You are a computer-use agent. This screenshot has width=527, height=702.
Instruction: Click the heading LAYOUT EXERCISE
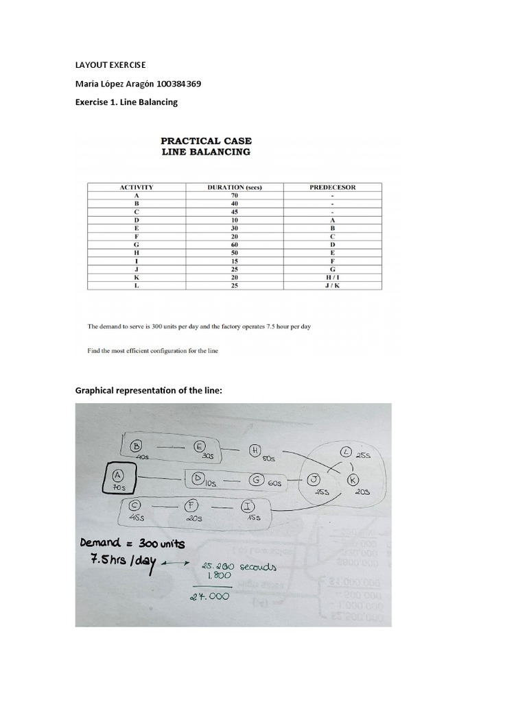pos(110,66)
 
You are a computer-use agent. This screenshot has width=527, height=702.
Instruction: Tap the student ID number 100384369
pos(176,84)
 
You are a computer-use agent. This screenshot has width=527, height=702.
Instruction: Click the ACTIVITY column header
pos(137,186)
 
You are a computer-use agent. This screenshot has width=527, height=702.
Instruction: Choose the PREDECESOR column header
pos(333,186)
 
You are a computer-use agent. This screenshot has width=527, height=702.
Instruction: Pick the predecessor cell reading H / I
pos(333,277)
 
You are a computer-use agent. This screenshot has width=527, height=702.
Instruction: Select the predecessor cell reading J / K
pos(333,285)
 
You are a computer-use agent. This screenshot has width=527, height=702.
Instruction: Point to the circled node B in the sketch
pos(135,445)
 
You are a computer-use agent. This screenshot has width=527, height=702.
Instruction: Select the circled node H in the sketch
pos(255,450)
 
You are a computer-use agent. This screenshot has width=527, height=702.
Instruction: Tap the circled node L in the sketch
pos(347,452)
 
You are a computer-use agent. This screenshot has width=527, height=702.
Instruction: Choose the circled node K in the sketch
pos(353,479)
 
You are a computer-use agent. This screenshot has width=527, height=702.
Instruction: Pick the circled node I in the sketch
pos(246,507)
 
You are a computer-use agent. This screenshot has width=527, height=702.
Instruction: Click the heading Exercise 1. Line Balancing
pos(126,101)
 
